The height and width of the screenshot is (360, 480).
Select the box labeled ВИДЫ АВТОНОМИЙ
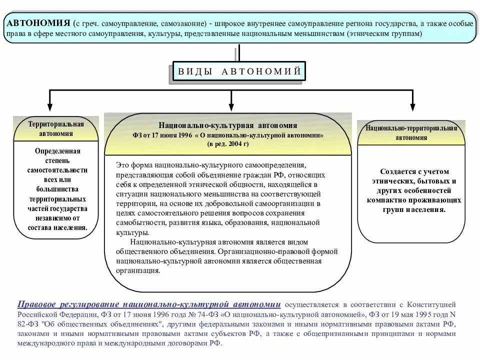click(x=239, y=71)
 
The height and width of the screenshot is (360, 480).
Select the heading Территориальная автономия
click(x=55, y=128)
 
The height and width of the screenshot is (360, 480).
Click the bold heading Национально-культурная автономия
click(x=227, y=125)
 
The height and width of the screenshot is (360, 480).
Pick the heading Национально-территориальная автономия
click(x=411, y=132)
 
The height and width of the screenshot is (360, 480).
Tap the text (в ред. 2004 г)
click(x=227, y=144)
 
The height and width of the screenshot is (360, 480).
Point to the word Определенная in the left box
click(x=57, y=150)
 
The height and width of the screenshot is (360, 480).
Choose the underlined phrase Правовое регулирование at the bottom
click(x=68, y=304)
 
